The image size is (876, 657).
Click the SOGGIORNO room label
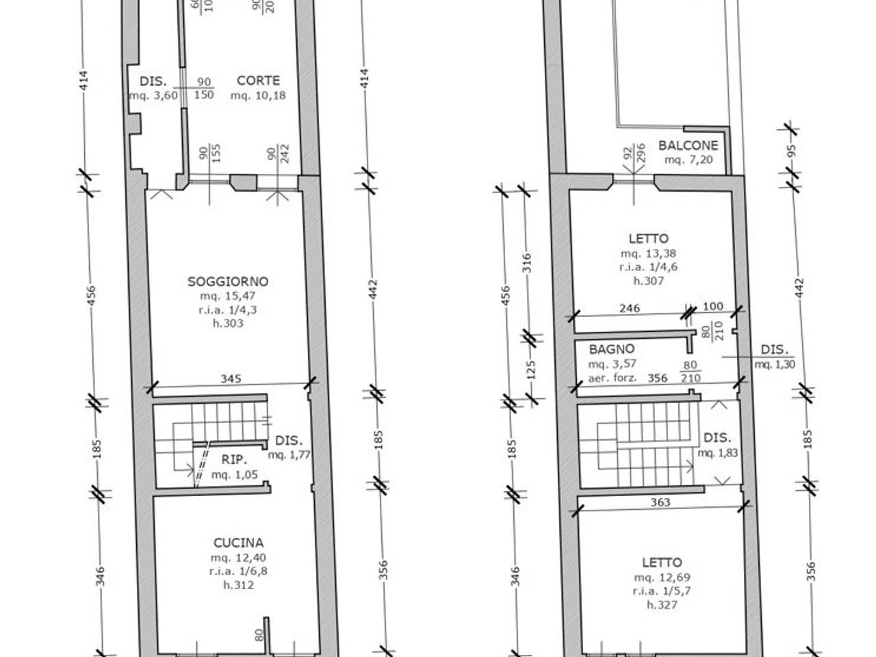click(228, 281)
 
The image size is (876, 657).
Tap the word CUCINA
click(238, 543)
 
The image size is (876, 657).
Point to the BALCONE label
click(688, 145)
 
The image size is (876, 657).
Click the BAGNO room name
click(612, 349)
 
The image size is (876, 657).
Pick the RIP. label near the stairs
click(234, 460)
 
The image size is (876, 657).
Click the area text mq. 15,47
click(228, 296)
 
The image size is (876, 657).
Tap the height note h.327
click(662, 605)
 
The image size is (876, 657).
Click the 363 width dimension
click(660, 502)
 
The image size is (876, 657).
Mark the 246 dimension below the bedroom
click(629, 308)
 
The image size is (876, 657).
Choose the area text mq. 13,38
click(648, 253)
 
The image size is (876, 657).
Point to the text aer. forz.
click(613, 377)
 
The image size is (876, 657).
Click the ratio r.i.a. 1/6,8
click(238, 571)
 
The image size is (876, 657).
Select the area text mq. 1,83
click(718, 452)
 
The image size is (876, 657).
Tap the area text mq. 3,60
click(153, 95)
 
